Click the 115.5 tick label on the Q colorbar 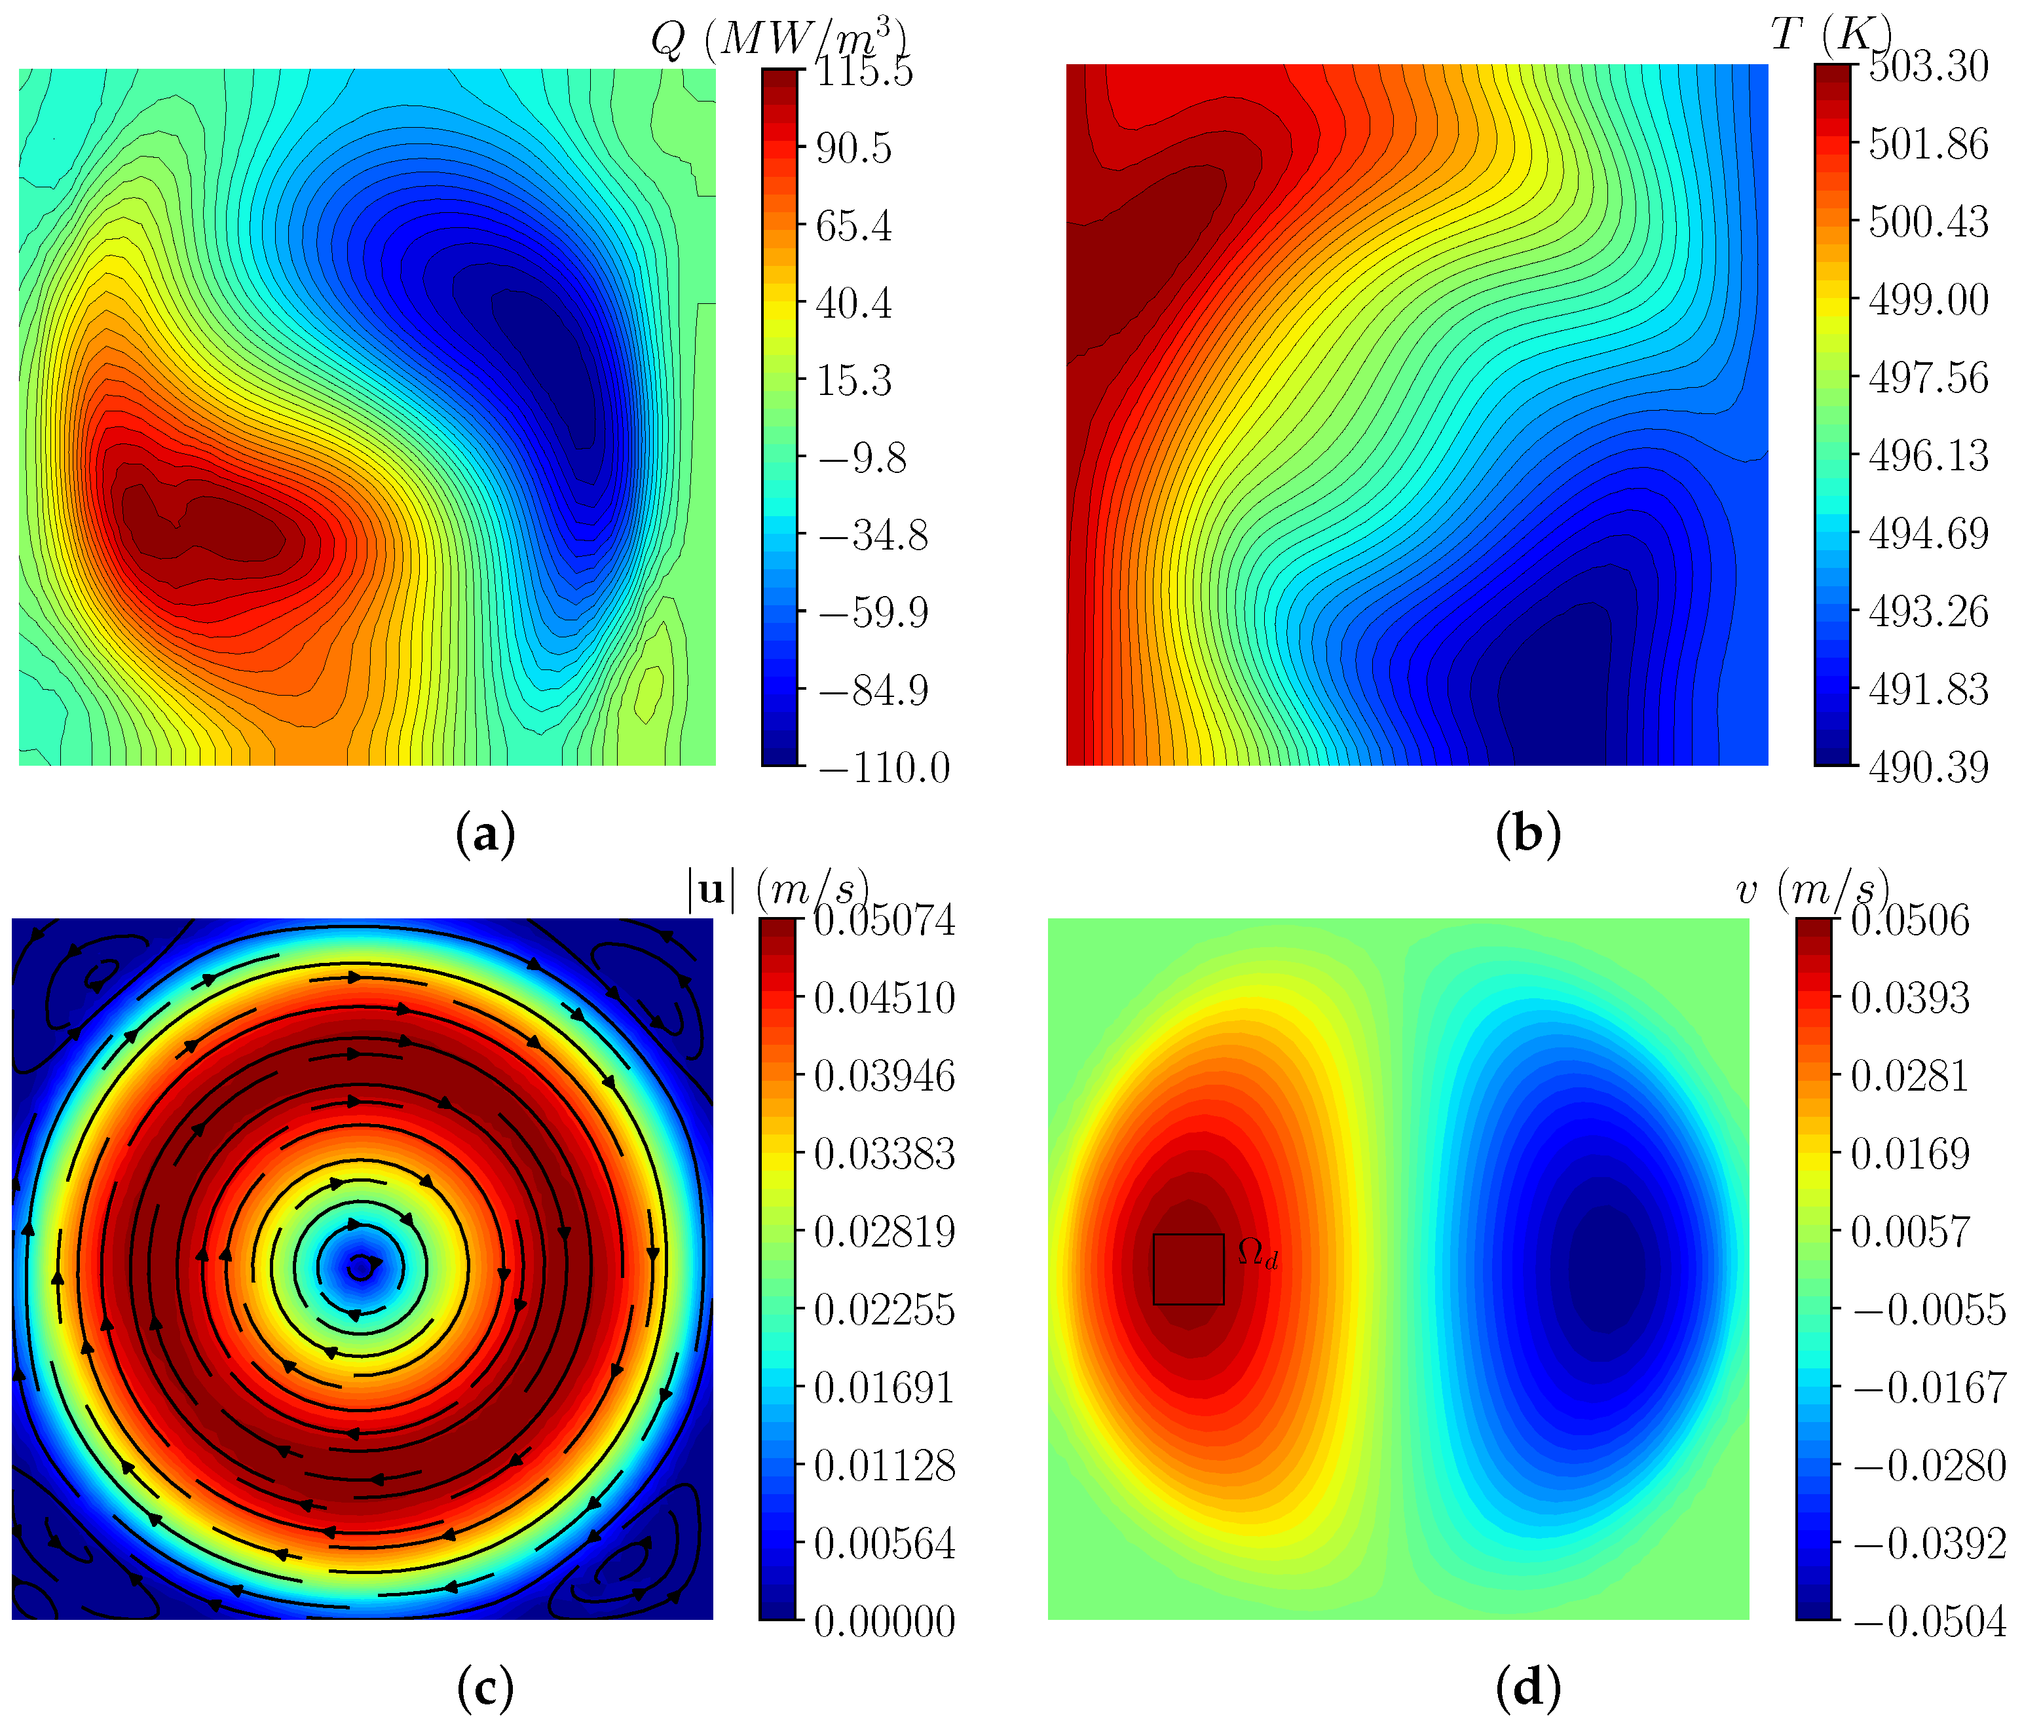(x=865, y=72)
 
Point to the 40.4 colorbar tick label (x=854, y=303)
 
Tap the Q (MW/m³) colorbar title (x=779, y=40)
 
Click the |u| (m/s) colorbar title (x=777, y=891)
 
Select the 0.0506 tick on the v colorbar (x=1910, y=920)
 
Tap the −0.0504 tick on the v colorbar (x=1929, y=1622)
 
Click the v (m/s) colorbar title (x=1813, y=891)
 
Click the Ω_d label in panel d (x=1257, y=1254)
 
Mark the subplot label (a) (x=485, y=835)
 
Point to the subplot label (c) (x=485, y=1688)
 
